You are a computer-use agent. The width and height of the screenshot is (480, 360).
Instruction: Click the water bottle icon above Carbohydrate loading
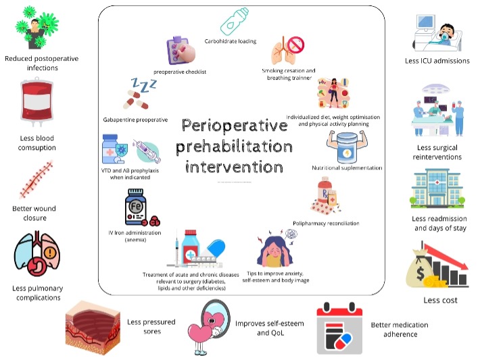[x=237, y=22]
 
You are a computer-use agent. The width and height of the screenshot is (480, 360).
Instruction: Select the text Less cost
[x=440, y=300]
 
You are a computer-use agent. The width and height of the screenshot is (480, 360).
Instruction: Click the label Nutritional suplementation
[x=347, y=168]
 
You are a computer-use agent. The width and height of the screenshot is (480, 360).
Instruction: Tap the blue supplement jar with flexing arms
[x=347, y=145]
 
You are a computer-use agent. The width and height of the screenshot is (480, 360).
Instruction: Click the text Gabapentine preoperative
[x=136, y=119]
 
